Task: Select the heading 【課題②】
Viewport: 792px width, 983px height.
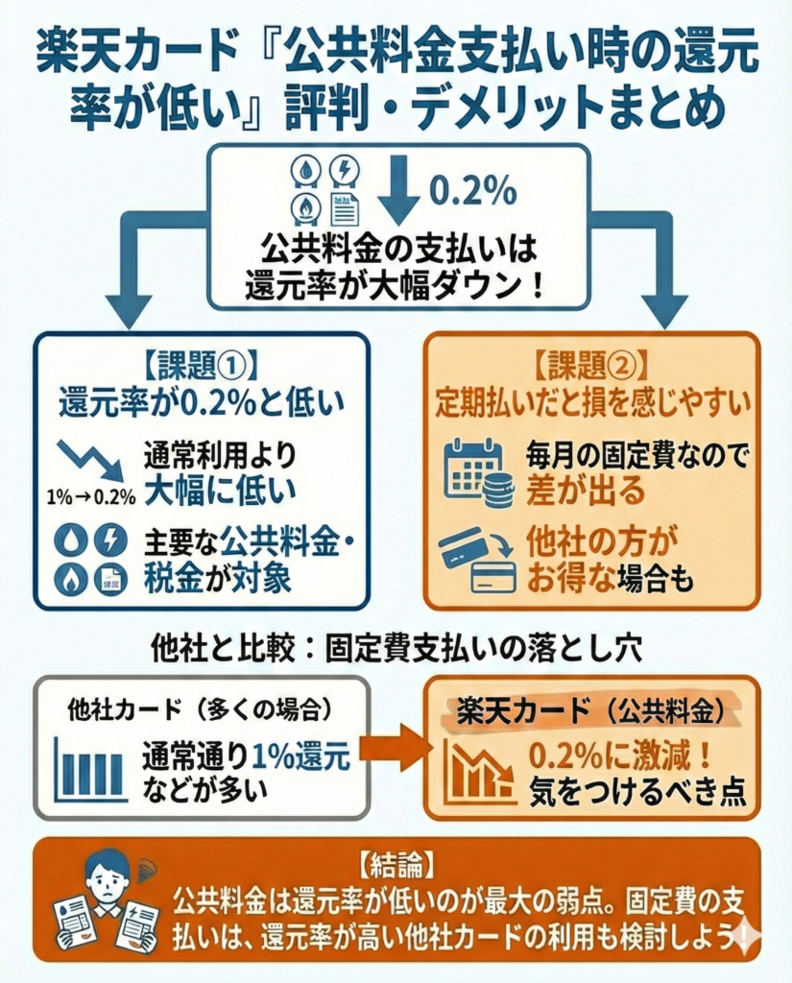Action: (591, 365)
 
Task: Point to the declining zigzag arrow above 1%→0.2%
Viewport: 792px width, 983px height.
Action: (90, 460)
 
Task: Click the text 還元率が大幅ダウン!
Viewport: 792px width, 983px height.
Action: (395, 286)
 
